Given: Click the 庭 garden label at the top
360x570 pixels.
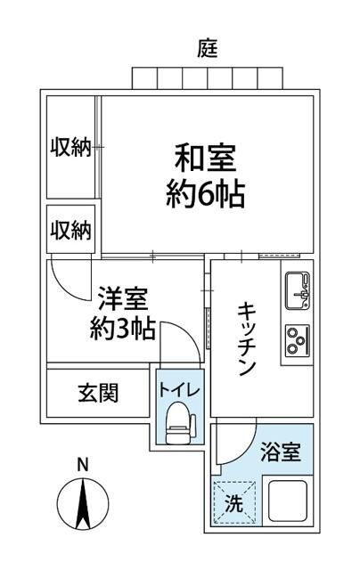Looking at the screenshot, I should [x=207, y=46].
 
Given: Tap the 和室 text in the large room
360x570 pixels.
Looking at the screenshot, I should [x=205, y=160].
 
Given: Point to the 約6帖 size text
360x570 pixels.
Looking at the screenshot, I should [x=205, y=193].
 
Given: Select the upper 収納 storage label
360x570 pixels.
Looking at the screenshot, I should [x=70, y=147].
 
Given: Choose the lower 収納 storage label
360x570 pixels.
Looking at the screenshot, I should [x=70, y=231].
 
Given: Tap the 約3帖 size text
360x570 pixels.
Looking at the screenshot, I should [x=123, y=330].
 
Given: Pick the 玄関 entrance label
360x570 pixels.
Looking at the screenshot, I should [x=97, y=392].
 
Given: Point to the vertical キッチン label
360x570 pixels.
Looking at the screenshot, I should [x=247, y=338].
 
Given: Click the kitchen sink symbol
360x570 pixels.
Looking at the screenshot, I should [x=297, y=288].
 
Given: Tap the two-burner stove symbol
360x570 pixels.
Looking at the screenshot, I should [x=297, y=338].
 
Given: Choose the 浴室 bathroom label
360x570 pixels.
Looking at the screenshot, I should [x=279, y=452].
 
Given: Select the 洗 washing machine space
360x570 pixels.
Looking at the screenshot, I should [x=233, y=501].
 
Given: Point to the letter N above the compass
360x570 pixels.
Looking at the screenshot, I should [x=82, y=464].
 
